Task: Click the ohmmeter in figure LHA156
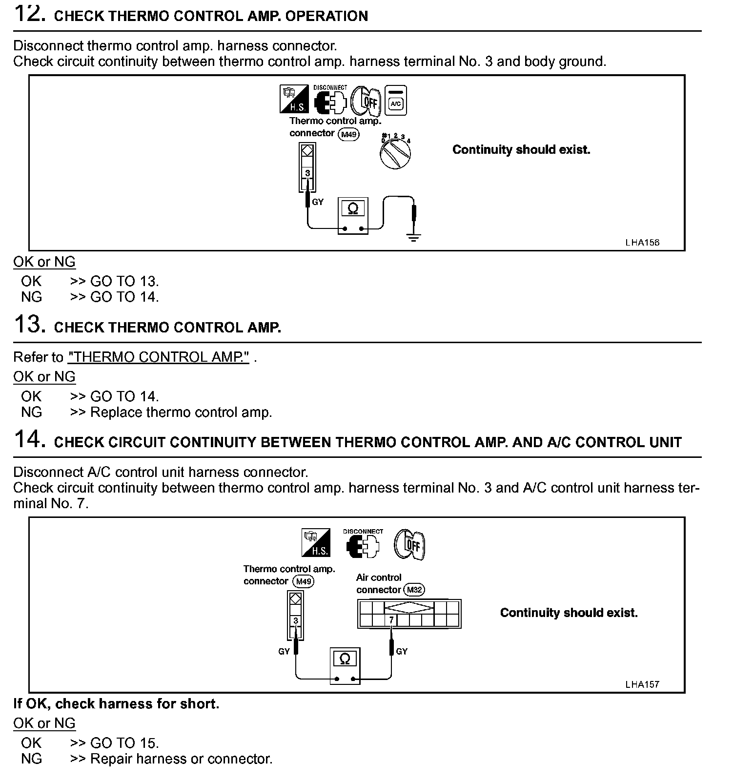[x=353, y=216]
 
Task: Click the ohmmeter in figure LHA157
[x=345, y=666]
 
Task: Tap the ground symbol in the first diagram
[x=414, y=238]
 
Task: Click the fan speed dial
[x=395, y=154]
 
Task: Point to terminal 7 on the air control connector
[x=391, y=620]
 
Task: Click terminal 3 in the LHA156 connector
[x=307, y=173]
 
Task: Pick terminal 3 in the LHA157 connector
[x=296, y=621]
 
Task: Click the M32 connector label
[x=414, y=590]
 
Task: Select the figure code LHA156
[x=642, y=243]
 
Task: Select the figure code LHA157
[x=642, y=684]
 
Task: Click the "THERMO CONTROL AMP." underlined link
[x=159, y=357]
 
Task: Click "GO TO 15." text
[x=124, y=743]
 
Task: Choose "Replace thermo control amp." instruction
[x=181, y=412]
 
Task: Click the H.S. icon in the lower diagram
[x=316, y=543]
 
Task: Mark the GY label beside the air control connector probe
[x=402, y=651]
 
